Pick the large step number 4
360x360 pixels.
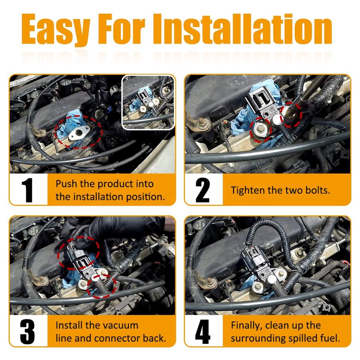click(x=203, y=331)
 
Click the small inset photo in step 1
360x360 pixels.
click(x=148, y=102)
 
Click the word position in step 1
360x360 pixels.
click(x=145, y=197)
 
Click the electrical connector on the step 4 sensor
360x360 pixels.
click(x=254, y=256)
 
